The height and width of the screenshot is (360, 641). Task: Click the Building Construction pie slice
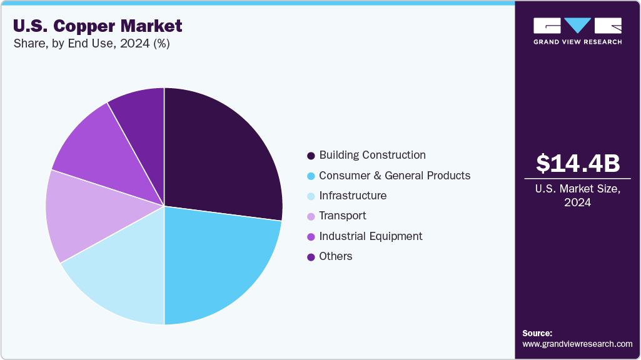216,156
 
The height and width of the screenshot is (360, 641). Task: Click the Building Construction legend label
372,155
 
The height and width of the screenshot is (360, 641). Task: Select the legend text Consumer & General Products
395,176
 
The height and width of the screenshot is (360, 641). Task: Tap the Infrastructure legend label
353,196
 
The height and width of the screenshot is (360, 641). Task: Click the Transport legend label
343,216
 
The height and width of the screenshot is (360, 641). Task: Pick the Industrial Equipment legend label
371,236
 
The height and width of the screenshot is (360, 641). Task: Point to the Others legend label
336,256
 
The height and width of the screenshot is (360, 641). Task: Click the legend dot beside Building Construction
311,156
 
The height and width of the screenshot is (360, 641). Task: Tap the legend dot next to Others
311,257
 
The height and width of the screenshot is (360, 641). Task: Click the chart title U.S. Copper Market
98,26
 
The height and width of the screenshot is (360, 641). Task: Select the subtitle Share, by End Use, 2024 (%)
91,44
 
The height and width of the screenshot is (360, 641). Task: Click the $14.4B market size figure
578,163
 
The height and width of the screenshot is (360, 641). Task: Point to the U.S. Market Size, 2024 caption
578,196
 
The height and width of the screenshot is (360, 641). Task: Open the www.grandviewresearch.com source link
577,344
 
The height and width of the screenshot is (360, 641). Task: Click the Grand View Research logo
577,31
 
